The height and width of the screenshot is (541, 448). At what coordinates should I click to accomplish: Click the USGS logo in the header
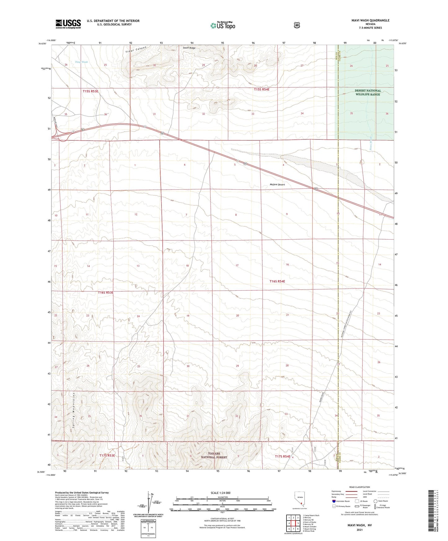pyautogui.click(x=68, y=24)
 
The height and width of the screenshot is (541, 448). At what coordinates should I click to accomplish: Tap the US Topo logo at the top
pyautogui.click(x=222, y=25)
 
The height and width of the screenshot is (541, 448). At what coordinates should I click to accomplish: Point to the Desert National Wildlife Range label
pyautogui.click(x=368, y=92)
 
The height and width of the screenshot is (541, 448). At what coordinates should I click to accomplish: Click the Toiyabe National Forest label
pyautogui.click(x=214, y=455)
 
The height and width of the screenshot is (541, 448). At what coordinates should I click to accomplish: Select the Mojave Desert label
pyautogui.click(x=277, y=185)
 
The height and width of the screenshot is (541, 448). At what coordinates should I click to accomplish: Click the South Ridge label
pyautogui.click(x=189, y=48)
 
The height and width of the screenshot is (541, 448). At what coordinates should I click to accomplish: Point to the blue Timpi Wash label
pyautogui.click(x=81, y=62)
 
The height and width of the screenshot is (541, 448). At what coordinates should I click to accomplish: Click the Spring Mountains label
pyautogui.click(x=73, y=410)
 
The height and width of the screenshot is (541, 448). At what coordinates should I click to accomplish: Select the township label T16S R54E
pyautogui.click(x=277, y=281)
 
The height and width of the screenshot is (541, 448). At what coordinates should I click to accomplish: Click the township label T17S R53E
pyautogui.click(x=107, y=455)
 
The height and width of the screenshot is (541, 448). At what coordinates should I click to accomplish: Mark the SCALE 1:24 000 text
pyautogui.click(x=220, y=493)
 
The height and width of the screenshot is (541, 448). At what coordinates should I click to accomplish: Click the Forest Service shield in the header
pyautogui.click(x=297, y=25)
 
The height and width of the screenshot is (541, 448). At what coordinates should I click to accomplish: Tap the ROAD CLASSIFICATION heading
pyautogui.click(x=359, y=487)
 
